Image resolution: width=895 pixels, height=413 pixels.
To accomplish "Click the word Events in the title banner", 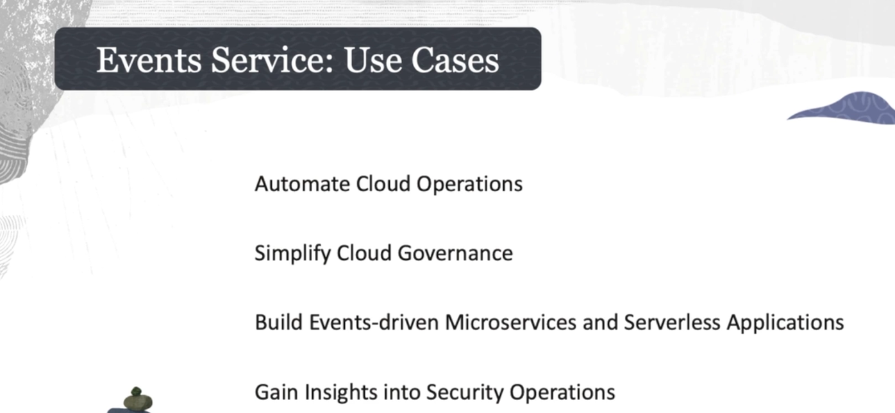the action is (149, 60).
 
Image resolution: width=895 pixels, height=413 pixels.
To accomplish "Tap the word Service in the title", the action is (272, 60).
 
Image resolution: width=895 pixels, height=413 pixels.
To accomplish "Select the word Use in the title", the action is (372, 60).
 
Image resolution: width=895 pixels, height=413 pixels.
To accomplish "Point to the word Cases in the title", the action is (455, 60).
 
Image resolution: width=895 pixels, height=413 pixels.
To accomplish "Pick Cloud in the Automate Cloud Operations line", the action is (383, 184).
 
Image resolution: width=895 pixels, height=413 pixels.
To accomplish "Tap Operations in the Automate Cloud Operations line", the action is (469, 185).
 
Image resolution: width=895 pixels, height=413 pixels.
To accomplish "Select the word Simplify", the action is (293, 254).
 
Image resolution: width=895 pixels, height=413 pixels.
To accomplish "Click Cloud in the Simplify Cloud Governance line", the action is (364, 253).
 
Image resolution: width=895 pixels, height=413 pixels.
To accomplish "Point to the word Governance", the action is (455, 253).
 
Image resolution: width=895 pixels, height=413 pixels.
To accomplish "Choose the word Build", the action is (279, 322).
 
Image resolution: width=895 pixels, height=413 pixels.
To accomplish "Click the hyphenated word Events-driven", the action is (374, 322).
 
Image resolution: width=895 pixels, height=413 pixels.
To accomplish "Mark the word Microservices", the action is (510, 322).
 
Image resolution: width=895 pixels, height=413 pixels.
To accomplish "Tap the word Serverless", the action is (672, 322).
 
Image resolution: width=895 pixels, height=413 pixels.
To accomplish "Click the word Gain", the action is (276, 392).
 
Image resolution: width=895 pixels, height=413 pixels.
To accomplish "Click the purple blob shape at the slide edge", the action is (851, 108).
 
